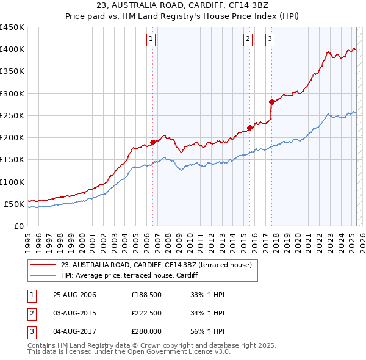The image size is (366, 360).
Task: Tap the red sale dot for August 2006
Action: click(153, 142)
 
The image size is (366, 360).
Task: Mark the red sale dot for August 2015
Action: click(249, 128)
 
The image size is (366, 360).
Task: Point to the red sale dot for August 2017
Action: click(271, 102)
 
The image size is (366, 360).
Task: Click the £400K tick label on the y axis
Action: click(12, 49)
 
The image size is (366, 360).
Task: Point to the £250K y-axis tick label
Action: click(12, 115)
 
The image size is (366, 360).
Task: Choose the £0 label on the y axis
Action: click(18, 226)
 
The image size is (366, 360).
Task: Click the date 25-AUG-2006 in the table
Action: click(74, 295)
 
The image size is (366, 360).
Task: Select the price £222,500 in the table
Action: click(146, 313)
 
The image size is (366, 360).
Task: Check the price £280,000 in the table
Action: click(146, 331)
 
